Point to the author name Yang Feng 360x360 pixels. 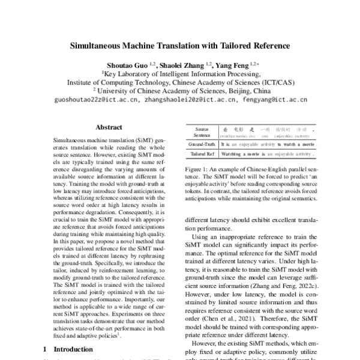pos(232,64)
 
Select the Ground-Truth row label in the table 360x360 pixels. pos(202,145)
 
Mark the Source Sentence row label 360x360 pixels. pos(202,132)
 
